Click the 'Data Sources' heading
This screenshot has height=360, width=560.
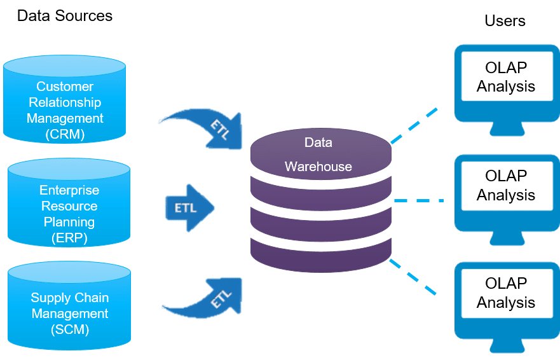(65, 16)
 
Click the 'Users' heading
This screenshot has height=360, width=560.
(505, 21)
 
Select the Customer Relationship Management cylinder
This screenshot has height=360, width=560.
(65, 99)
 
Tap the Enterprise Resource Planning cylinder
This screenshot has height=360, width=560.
(69, 202)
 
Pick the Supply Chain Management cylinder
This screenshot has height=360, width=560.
(69, 306)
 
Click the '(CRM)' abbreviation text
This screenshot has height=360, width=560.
(65, 134)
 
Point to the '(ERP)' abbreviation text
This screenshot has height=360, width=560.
(69, 238)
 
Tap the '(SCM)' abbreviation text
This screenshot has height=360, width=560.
(70, 329)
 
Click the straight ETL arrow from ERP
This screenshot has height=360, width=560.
(189, 208)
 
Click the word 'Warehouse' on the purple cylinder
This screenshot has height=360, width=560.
(318, 167)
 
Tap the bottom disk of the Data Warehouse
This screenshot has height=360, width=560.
(321, 256)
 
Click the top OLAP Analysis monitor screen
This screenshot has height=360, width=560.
(507, 76)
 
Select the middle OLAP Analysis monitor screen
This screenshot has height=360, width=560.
(507, 186)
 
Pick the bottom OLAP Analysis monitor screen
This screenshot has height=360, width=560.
(507, 293)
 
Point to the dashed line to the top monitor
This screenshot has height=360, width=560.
(414, 125)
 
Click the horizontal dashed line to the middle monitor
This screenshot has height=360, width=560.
(419, 200)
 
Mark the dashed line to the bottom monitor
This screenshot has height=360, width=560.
(413, 277)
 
